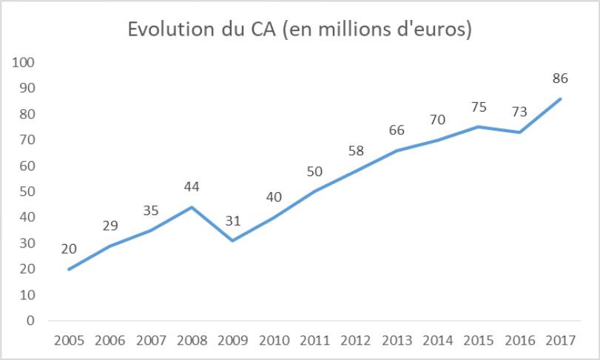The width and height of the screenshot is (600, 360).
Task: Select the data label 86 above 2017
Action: coord(560,78)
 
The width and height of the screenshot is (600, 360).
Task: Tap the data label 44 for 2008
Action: coord(192,186)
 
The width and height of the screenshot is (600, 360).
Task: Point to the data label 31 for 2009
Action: coord(233,220)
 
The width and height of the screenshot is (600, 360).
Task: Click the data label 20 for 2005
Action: coord(69,248)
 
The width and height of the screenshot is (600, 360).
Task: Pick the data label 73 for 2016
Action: coord(519,112)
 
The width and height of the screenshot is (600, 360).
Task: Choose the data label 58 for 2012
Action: coord(356,150)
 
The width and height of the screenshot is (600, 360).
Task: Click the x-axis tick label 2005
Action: coord(69,342)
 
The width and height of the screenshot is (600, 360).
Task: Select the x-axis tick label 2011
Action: coord(315,342)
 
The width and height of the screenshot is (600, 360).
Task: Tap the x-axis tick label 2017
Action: coord(561,342)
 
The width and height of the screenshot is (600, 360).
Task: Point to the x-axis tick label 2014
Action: coord(438,342)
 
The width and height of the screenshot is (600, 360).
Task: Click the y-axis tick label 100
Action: coord(24,62)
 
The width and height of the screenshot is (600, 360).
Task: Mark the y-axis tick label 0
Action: coord(30,321)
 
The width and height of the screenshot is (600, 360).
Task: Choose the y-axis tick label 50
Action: coord(27,191)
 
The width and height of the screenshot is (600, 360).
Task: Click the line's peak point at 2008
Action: coord(192,207)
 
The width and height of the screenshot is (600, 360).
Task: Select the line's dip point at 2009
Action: coord(233,240)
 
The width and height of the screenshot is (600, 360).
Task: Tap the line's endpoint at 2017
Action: coord(561,98)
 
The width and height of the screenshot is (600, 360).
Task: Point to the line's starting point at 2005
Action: coord(69,269)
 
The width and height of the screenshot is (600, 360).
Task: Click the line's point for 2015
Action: coord(479,126)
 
